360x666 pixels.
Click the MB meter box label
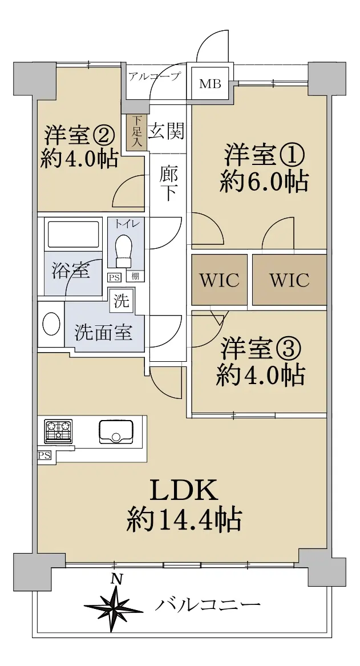(211, 84)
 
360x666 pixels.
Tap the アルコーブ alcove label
(155, 77)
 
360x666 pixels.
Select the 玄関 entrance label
(166, 130)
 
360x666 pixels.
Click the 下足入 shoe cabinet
(136, 132)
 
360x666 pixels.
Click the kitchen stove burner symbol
(58, 431)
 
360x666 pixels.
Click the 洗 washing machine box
(122, 301)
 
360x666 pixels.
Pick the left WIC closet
(219, 280)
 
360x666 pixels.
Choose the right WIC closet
(289, 280)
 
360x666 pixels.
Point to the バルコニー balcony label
(207, 604)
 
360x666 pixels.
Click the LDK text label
(183, 490)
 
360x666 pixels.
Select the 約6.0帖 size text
(264, 183)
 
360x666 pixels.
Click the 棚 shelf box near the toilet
(135, 277)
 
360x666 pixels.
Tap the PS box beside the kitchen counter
(44, 456)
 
